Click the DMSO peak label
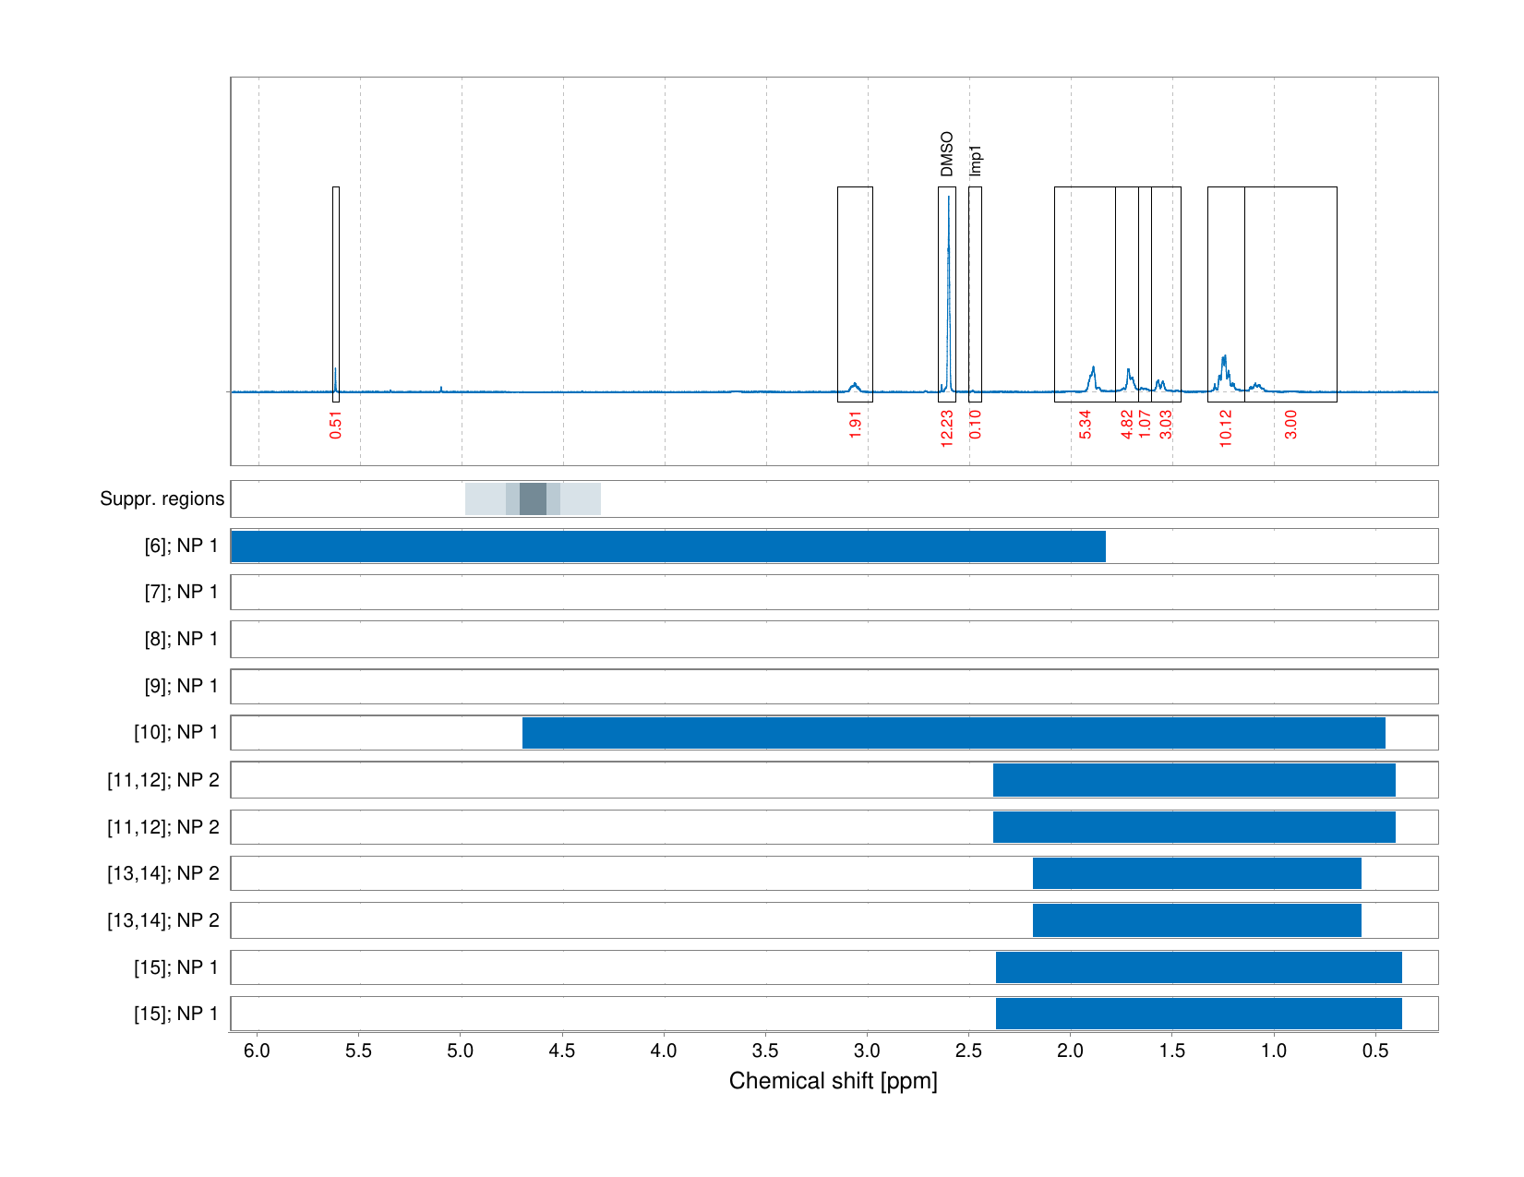(x=946, y=154)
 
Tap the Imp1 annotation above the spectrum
(x=976, y=161)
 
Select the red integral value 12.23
(x=947, y=429)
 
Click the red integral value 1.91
(x=856, y=425)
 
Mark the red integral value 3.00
(x=1291, y=425)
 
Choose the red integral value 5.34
(x=1086, y=425)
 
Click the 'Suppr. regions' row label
(x=162, y=499)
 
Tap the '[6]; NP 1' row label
(x=181, y=546)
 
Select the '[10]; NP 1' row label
(x=175, y=733)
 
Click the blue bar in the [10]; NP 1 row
(x=954, y=733)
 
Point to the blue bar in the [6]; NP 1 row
(x=668, y=546)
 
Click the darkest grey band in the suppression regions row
(x=533, y=499)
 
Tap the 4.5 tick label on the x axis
(x=562, y=1051)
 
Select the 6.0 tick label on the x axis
(x=258, y=1051)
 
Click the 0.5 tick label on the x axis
(x=1375, y=1051)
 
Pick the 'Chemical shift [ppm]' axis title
(x=833, y=1082)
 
